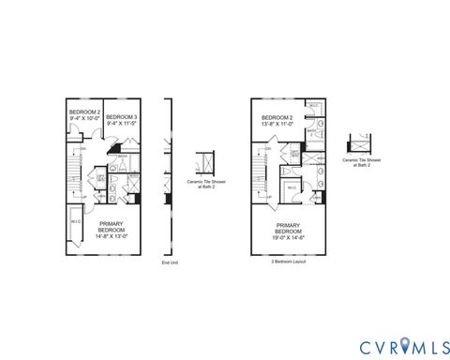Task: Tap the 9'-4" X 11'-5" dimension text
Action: click(123, 122)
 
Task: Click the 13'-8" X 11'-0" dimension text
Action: click(278, 124)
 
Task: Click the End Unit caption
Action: click(169, 263)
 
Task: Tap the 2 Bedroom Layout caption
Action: click(288, 262)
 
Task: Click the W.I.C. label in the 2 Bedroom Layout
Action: click(292, 187)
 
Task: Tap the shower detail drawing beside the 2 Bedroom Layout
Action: click(358, 145)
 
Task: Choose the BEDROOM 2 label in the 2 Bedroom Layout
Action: click(278, 116)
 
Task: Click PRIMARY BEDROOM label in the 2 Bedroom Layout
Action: click(288, 227)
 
